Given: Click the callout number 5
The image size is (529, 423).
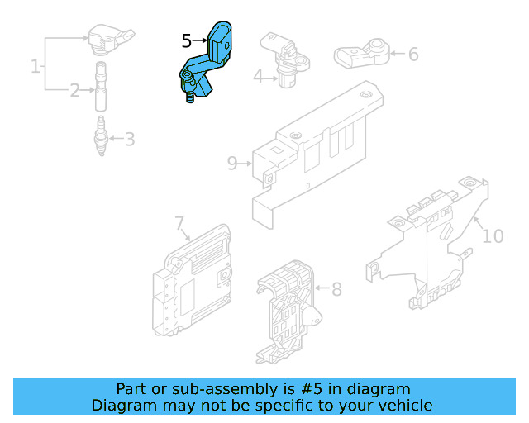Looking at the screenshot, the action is pyautogui.click(x=187, y=40).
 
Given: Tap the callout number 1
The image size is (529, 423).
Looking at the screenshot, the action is pyautogui.click(x=36, y=65).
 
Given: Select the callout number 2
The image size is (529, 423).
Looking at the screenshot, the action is pyautogui.click(x=74, y=90).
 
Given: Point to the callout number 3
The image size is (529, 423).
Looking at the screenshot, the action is pyautogui.click(x=130, y=139).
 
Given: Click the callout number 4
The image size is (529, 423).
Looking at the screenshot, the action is pyautogui.click(x=258, y=77).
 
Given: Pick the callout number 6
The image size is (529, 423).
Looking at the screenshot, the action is pyautogui.click(x=413, y=55).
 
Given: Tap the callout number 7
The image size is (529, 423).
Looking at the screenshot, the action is pyautogui.click(x=179, y=223).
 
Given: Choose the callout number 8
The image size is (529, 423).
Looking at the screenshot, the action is pyautogui.click(x=336, y=290).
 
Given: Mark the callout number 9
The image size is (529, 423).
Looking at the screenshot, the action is pyautogui.click(x=232, y=164).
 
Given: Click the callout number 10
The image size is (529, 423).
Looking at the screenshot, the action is pyautogui.click(x=493, y=236).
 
